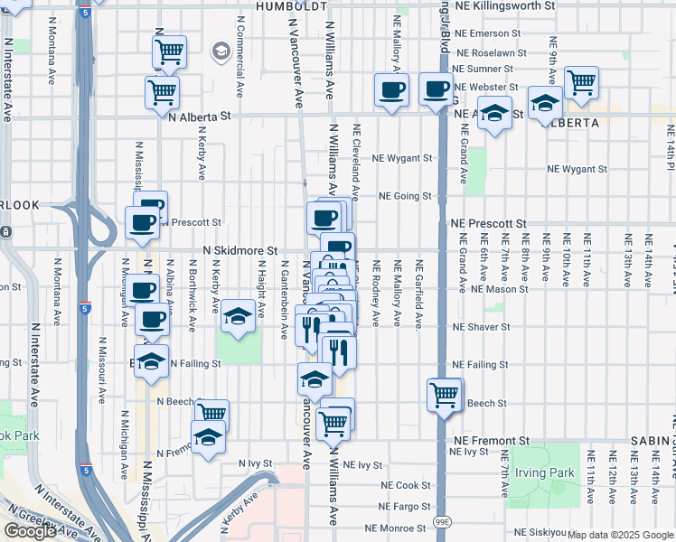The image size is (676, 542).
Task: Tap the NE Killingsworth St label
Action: click(x=507, y=5)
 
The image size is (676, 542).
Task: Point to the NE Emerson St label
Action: click(x=489, y=34)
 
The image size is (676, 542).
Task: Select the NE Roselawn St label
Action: click(x=489, y=53)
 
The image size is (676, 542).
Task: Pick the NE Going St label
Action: click(x=405, y=195)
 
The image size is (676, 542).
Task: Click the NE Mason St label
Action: click(x=499, y=289)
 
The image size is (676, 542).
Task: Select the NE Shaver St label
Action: click(x=481, y=327)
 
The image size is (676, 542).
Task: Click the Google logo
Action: click(x=30, y=531)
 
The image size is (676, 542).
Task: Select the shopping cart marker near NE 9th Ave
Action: click(x=581, y=82)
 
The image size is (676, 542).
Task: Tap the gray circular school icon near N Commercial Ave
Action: click(x=221, y=51)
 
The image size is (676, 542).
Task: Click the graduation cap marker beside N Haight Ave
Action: click(x=238, y=316)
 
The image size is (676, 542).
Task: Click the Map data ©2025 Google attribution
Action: click(x=620, y=535)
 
